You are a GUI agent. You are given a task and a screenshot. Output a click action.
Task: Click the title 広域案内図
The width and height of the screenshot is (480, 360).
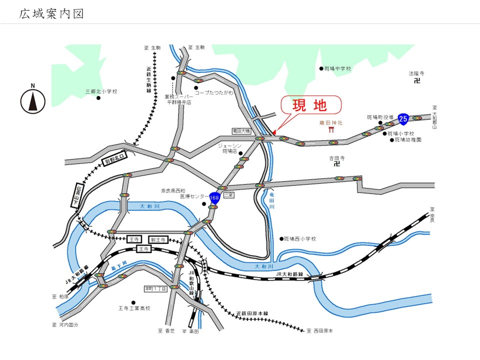pyautogui.click(x=51, y=14)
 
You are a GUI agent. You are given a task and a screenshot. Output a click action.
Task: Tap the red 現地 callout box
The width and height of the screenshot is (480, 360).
pyautogui.click(x=310, y=105)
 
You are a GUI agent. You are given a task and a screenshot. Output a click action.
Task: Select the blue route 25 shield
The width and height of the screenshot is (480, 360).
pyautogui.click(x=403, y=118)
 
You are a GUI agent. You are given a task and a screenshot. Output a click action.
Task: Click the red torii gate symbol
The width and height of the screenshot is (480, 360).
pyautogui.click(x=331, y=130)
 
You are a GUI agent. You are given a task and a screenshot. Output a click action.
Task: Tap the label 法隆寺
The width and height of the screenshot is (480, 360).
pyautogui.click(x=416, y=73)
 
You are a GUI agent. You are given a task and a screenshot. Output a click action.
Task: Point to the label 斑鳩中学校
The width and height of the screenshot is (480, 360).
pyautogui.click(x=338, y=68)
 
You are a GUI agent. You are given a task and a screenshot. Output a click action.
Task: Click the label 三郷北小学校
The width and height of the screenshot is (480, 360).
pyautogui.click(x=101, y=91)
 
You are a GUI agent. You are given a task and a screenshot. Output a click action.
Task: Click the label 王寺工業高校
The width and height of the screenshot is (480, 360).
pyautogui.click(x=134, y=308)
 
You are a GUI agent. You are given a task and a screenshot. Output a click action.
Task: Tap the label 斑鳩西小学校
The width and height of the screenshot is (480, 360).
pyautogui.click(x=300, y=239)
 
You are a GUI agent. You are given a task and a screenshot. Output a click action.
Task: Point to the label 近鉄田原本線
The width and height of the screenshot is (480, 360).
pyautogui.click(x=252, y=313)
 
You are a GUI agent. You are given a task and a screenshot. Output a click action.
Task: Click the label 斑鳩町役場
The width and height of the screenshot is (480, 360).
pyautogui.click(x=380, y=117)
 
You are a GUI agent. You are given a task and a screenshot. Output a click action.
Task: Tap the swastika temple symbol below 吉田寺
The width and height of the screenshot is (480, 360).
pyautogui.click(x=336, y=163)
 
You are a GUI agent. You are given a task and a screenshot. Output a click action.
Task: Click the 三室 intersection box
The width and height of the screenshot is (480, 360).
pyautogui.click(x=228, y=194)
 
